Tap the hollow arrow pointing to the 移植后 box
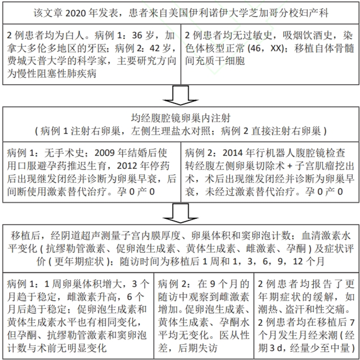click(179, 215)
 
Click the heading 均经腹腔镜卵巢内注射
click(179, 118)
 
